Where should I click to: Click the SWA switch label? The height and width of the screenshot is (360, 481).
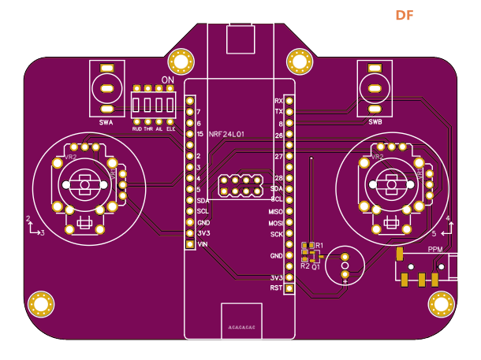[106, 122]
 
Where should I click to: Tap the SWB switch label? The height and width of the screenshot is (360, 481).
[375, 122]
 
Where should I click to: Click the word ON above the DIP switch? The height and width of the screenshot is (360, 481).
[167, 81]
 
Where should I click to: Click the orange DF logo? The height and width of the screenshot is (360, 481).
[404, 15]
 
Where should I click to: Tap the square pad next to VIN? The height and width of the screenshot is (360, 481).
[189, 245]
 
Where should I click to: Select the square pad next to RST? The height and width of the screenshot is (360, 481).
[289, 288]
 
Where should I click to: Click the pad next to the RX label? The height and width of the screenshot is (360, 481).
[289, 102]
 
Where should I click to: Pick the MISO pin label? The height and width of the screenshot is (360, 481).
[276, 212]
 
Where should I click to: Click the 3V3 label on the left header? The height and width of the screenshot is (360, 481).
[203, 233]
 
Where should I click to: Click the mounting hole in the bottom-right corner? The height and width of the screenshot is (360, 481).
[440, 303]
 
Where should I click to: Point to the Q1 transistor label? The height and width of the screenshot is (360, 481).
[315, 267]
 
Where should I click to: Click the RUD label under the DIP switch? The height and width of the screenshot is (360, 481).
[136, 128]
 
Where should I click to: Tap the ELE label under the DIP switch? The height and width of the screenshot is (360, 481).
[170, 128]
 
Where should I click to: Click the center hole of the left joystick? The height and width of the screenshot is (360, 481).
[84, 185]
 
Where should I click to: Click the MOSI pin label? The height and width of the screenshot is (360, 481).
[276, 223]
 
